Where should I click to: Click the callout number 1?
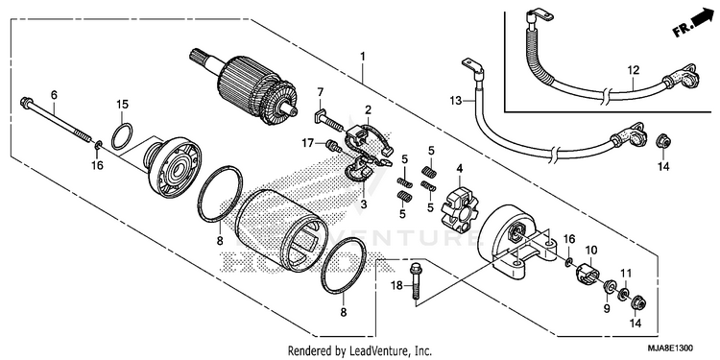pos(363,57)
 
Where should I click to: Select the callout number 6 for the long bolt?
pos(54,95)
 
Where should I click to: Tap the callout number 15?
pos(122,105)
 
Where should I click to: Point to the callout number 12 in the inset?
pos(634,70)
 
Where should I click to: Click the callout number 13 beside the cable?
pos(455,101)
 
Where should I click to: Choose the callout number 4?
pos(459,169)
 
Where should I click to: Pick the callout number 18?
pos(396,286)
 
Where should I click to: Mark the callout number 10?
pos(591,251)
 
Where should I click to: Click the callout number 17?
pos(307,144)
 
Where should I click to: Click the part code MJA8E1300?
pos(671,348)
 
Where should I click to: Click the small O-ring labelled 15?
pos(122,136)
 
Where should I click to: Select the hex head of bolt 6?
pos(25,102)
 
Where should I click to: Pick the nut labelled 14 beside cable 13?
pos(661,140)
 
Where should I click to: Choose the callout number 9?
pos(607,308)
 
